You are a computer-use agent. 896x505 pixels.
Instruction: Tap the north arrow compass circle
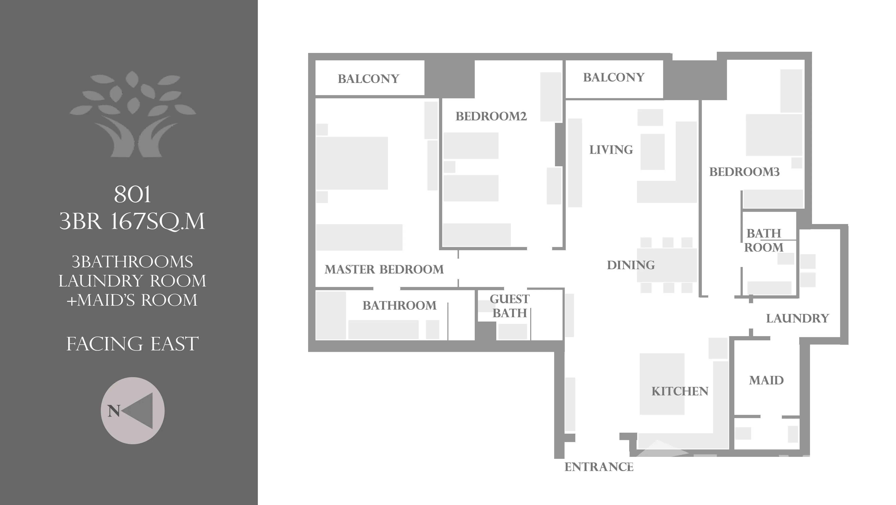point(133,411)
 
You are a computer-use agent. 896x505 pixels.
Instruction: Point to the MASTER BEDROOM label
point(384,269)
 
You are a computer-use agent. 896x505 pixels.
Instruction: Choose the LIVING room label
point(611,150)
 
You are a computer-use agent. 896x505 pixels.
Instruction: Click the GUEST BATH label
point(510,306)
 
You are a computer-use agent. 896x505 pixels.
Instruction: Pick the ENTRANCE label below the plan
point(599,467)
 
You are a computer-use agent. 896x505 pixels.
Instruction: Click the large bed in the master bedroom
point(352,163)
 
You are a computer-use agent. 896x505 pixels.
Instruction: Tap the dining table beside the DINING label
point(667,265)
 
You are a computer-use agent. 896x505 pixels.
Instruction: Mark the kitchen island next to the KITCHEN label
point(662,384)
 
